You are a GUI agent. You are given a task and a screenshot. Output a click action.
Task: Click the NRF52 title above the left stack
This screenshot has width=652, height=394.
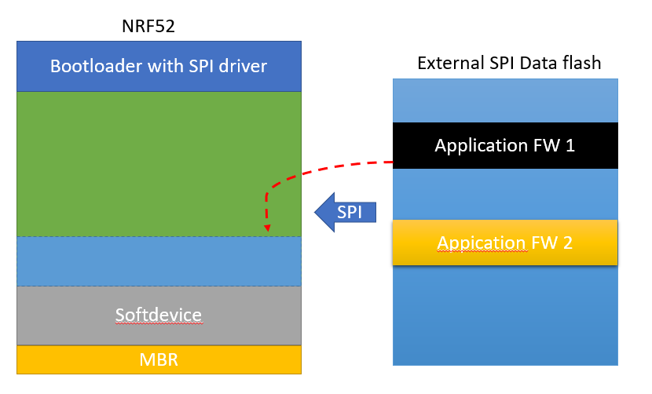tap(159, 26)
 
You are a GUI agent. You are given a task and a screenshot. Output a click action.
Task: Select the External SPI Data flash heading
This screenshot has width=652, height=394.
tap(509, 63)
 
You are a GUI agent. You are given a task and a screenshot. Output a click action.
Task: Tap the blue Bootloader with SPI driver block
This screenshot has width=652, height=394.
tap(159, 66)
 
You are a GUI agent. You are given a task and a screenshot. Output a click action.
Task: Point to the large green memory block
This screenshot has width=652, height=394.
tap(159, 163)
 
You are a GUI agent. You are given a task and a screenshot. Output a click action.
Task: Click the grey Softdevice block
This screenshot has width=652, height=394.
tap(159, 316)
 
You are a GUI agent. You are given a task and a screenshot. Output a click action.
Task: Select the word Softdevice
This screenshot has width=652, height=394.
tap(159, 316)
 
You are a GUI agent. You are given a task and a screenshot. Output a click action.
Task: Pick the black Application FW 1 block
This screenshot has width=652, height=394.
tap(504, 145)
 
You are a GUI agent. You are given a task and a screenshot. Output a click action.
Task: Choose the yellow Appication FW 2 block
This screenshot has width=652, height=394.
tap(504, 243)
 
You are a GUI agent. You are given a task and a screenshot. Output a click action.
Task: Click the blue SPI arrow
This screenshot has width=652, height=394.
tap(346, 212)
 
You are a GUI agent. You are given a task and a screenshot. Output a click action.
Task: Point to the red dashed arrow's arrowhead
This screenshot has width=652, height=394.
tap(268, 229)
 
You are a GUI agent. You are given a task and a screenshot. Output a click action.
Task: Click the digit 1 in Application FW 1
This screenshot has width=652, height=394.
tap(569, 145)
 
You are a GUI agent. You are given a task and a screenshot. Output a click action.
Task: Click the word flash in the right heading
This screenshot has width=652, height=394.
tap(583, 63)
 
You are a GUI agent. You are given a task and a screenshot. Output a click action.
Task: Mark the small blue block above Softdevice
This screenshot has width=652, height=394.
tap(159, 261)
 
